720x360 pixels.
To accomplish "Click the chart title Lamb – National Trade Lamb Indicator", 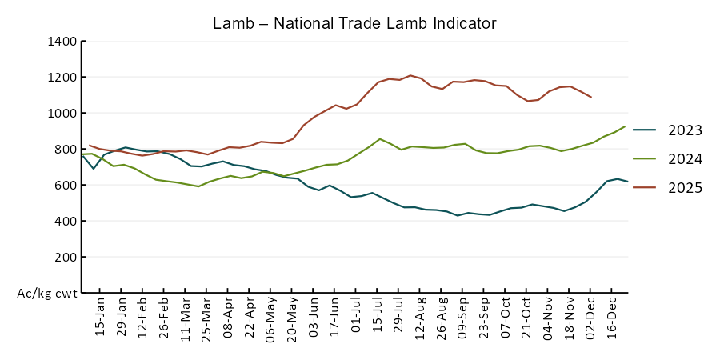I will pyautogui.click(x=354, y=22).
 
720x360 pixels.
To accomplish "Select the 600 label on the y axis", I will pyautogui.click(x=66, y=185).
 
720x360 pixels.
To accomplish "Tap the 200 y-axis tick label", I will pyautogui.click(x=66, y=257).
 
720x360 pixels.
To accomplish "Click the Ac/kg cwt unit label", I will pyautogui.click(x=47, y=294).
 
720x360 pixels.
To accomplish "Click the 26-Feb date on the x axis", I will pyautogui.click(x=164, y=318).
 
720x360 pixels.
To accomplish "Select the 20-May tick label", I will pyautogui.click(x=292, y=318).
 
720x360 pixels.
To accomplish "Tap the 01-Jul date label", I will pyautogui.click(x=356, y=318).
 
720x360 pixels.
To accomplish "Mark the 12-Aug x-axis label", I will pyautogui.click(x=420, y=318).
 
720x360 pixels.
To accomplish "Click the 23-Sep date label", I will pyautogui.click(x=484, y=318).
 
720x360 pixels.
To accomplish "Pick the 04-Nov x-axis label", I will pyautogui.click(x=548, y=318).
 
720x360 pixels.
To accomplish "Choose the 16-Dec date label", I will pyautogui.click(x=612, y=318).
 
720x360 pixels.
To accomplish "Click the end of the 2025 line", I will pyautogui.click(x=591, y=98).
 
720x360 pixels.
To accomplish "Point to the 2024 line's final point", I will pyautogui.click(x=625, y=126).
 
